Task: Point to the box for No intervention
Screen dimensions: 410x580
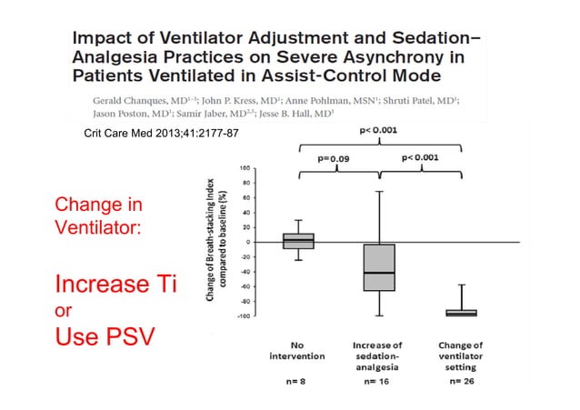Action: (298, 241)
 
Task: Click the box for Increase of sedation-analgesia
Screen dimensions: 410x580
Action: (380, 267)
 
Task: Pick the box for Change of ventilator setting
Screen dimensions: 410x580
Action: (461, 313)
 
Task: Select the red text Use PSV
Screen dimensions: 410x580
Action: (103, 338)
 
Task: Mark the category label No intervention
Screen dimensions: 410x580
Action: (297, 351)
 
